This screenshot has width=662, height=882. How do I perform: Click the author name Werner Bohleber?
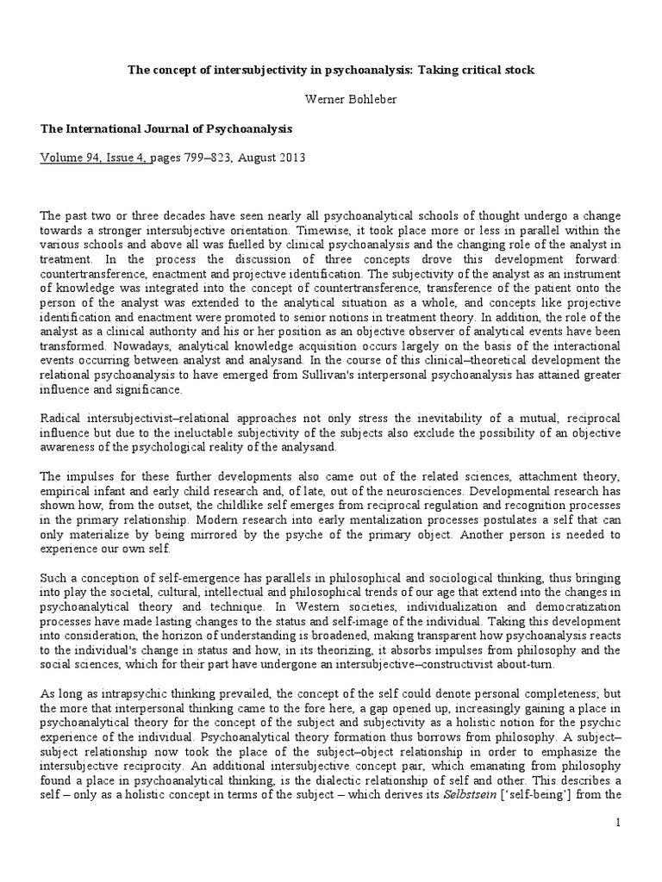click(331, 99)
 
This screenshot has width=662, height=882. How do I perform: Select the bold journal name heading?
click(166, 129)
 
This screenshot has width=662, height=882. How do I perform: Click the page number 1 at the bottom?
click(618, 849)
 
